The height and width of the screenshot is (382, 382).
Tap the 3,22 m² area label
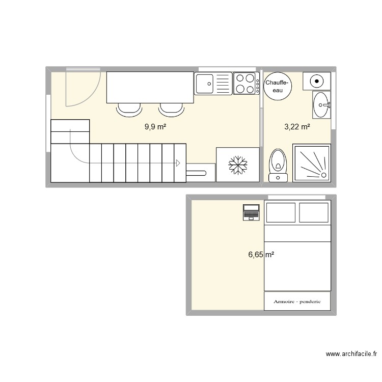pyautogui.click(x=297, y=126)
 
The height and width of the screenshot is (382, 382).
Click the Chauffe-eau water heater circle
pyautogui.click(x=278, y=86)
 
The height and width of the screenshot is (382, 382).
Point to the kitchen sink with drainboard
pyautogui.click(x=213, y=84)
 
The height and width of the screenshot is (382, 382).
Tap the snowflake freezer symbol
pyautogui.click(x=237, y=165)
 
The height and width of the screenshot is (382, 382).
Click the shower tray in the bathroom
pyautogui.click(x=311, y=162)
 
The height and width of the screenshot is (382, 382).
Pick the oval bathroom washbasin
pyautogui.click(x=321, y=105)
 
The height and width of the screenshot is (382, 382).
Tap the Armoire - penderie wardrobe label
pyautogui.click(x=297, y=301)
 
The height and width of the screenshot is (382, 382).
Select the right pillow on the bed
pyautogui.click(x=314, y=212)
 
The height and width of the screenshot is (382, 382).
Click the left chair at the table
pyautogui.click(x=129, y=108)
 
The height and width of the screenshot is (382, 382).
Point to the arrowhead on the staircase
pyautogui.click(x=178, y=163)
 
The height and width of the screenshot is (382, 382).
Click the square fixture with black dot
pyautogui.click(x=317, y=80)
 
